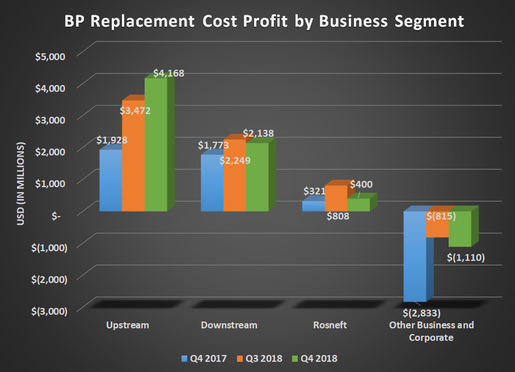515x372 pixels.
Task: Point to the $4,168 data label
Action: [169, 73]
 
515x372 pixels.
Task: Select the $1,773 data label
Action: [213, 145]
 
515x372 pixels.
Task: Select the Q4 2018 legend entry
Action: [315, 358]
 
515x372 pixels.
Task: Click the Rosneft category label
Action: [330, 325]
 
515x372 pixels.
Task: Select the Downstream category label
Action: [229, 325]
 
